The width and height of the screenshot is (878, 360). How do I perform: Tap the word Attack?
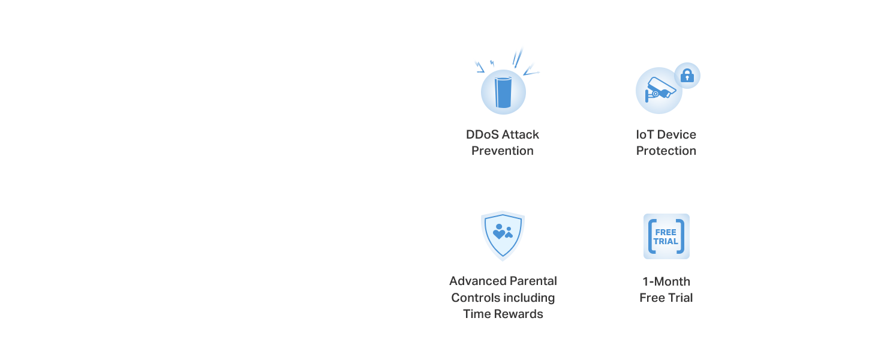click(521, 134)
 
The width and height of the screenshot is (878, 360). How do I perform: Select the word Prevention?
click(503, 151)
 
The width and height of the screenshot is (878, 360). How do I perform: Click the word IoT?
click(644, 134)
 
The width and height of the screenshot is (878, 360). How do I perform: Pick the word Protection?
click(666, 151)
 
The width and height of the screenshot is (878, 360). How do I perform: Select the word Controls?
click(475, 298)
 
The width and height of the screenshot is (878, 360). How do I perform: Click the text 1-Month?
click(666, 281)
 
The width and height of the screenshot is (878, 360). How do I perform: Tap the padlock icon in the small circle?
click(687, 75)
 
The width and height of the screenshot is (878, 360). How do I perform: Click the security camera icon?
click(660, 89)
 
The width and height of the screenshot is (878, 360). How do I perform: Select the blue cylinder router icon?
click(503, 92)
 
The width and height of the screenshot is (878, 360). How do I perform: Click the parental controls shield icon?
click(503, 236)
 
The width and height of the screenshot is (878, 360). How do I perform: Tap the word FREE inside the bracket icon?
click(666, 232)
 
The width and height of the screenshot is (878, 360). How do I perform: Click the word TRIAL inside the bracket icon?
click(666, 242)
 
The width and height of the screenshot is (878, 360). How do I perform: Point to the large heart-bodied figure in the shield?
click(499, 232)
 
